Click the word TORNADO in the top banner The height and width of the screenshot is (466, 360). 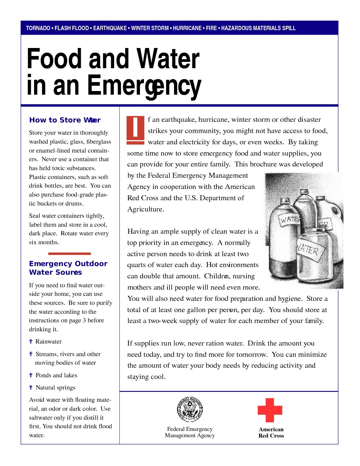coord(38,28)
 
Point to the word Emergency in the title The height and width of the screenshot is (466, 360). coord(144,86)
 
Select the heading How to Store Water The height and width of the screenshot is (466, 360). coord(65,120)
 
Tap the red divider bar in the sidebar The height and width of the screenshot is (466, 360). coord(69,254)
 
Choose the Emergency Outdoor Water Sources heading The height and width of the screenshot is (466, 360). coord(68,268)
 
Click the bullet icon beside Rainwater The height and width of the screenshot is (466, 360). coord(31,341)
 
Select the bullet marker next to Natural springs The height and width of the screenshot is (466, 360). coord(31,387)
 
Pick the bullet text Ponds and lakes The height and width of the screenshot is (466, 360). coord(56,375)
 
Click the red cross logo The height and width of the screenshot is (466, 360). coord(270,410)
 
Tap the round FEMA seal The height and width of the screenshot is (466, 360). coord(190,409)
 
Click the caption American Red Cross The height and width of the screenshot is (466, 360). coord(271,433)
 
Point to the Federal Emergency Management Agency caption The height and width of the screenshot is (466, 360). coord(190,432)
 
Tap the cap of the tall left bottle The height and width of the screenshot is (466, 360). coord(285,201)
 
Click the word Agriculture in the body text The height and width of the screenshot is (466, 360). coord(145,210)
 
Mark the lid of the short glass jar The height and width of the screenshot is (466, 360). coord(314,231)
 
